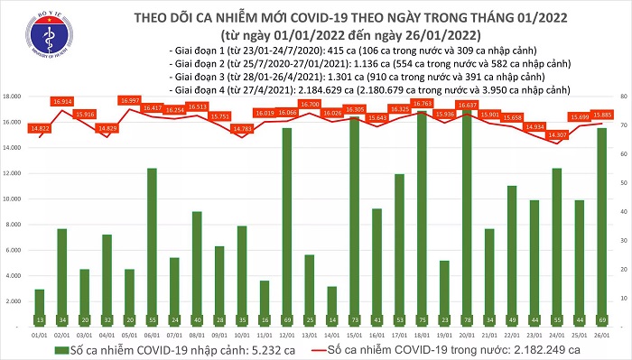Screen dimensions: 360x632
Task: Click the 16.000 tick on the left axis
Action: pos(13,121)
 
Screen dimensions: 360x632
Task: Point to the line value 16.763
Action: pos(422,103)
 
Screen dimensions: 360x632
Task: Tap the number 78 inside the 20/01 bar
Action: pos(466,318)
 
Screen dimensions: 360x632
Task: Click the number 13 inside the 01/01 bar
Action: pos(39,318)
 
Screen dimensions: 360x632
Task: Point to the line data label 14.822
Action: pos(39,129)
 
